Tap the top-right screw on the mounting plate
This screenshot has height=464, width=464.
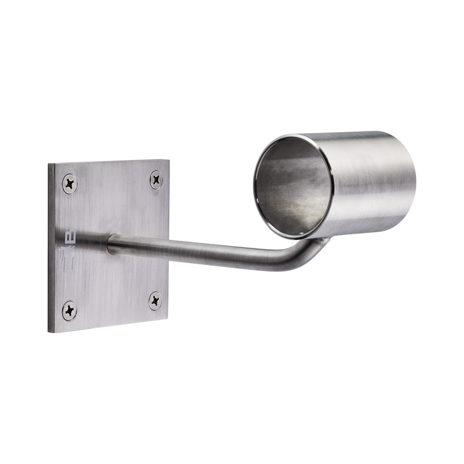157,178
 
